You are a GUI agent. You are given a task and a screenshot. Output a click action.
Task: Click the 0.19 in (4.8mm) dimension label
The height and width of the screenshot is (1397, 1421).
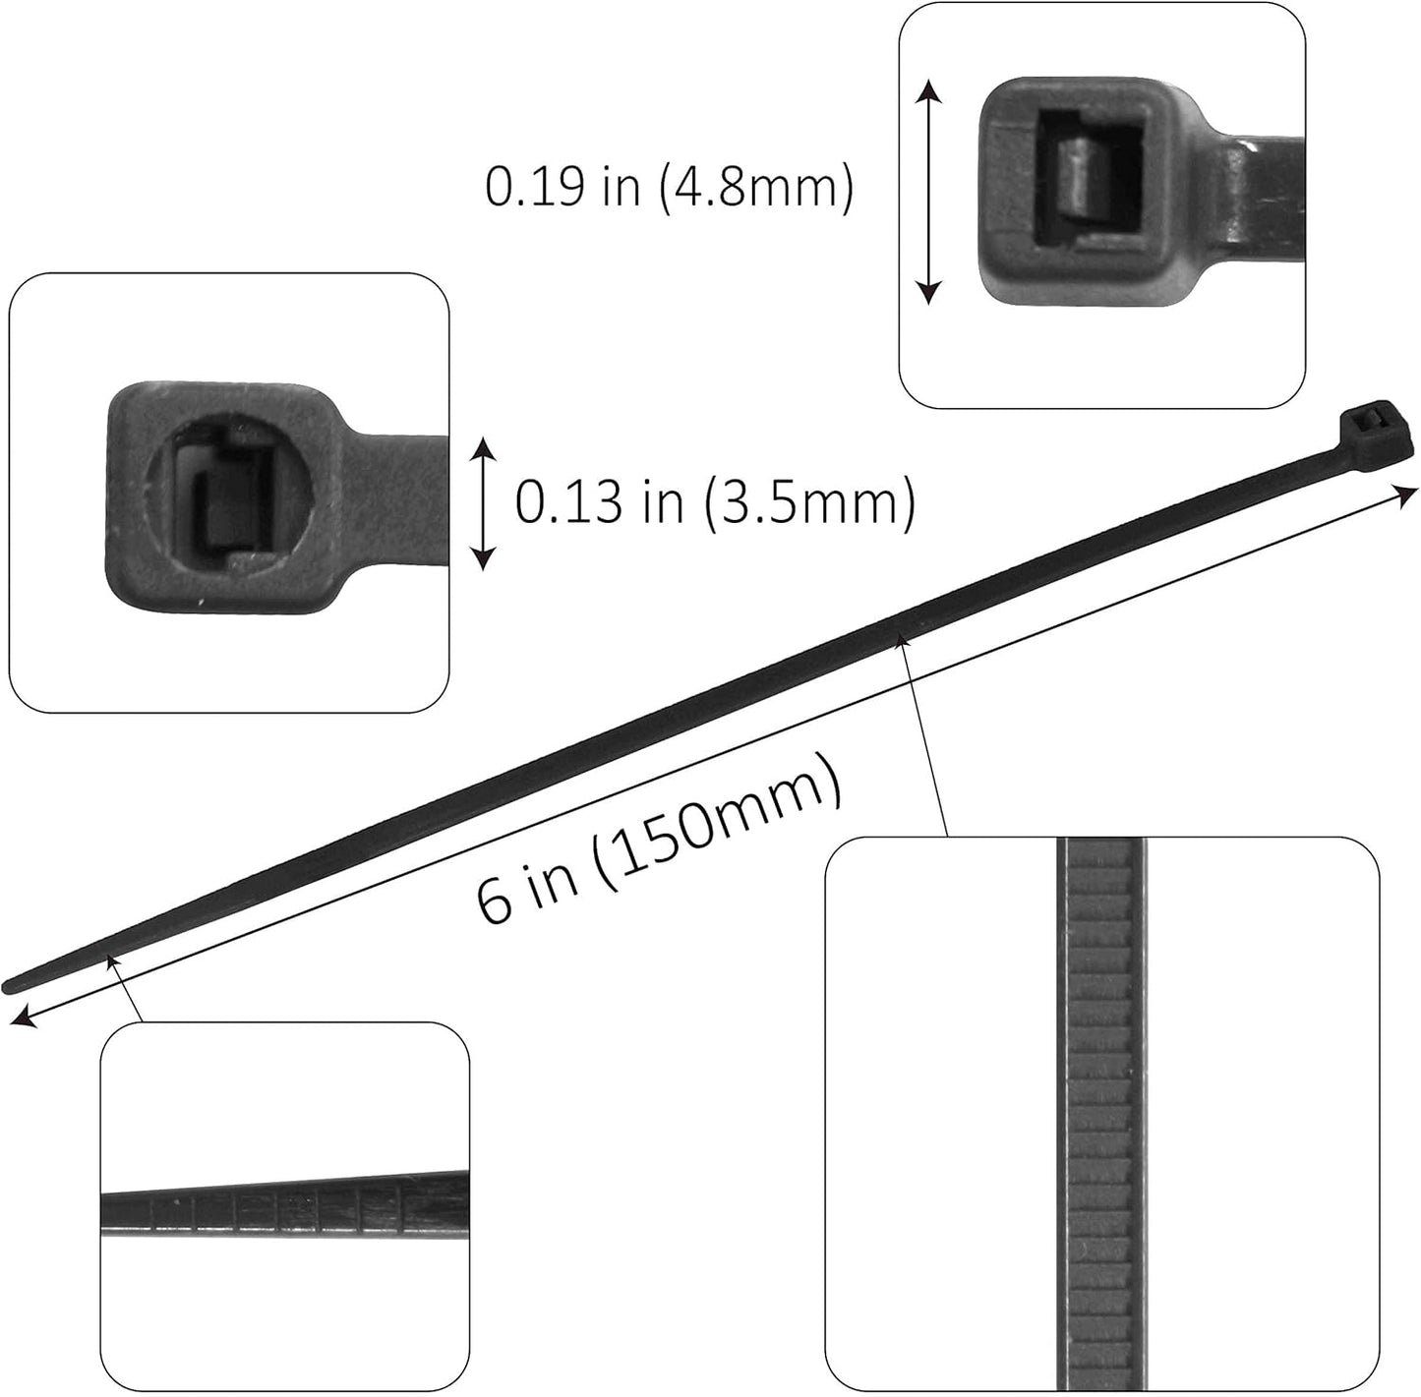pos(669,187)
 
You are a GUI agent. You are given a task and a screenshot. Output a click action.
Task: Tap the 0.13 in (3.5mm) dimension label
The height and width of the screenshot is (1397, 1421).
pos(715,502)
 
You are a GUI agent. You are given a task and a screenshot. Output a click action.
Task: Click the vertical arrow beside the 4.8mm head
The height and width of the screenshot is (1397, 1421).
pos(930,192)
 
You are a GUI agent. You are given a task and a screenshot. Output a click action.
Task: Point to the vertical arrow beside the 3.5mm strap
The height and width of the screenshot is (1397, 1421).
pos(483,503)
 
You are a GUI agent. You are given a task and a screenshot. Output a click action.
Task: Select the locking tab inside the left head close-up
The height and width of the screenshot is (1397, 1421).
pos(213,511)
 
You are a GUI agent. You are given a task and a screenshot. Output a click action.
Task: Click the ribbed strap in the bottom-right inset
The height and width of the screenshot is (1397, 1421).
pos(1101,1116)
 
